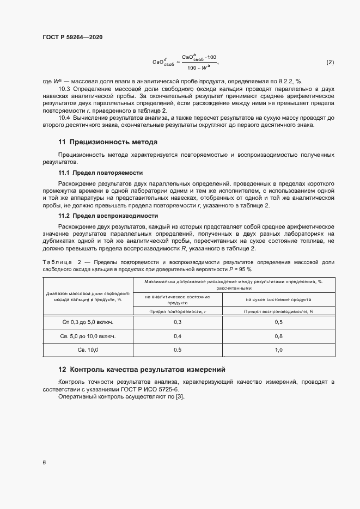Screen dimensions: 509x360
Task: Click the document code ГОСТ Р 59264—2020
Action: tap(72, 38)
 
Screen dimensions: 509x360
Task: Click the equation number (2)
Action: tap(330, 62)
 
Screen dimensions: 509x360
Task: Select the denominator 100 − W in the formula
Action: tap(199, 68)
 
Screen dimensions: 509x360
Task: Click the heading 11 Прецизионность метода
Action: tap(107, 142)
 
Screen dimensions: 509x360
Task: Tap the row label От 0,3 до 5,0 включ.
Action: tap(88, 322)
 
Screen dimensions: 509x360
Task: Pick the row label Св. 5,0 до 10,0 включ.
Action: tap(88, 336)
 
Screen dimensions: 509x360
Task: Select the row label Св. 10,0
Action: tap(88, 350)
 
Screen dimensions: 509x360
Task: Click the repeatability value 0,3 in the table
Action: tap(178, 322)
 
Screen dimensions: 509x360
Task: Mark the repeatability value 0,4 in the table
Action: tap(178, 336)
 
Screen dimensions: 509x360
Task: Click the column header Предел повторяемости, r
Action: tap(178, 311)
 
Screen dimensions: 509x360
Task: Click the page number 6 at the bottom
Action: tap(44, 462)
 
